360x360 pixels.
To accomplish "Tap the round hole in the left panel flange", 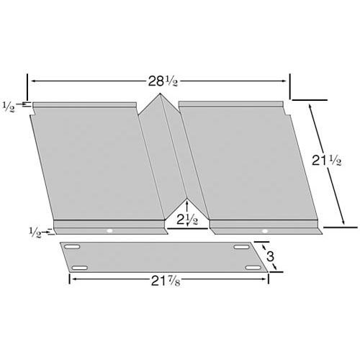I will pyautogui.click(x=109, y=231).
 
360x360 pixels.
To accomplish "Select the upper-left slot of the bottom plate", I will pyautogui.click(x=72, y=248).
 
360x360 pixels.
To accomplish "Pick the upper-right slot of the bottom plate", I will pyautogui.click(x=240, y=248).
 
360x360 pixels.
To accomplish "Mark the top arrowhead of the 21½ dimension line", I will pyautogui.click(x=310, y=106).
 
